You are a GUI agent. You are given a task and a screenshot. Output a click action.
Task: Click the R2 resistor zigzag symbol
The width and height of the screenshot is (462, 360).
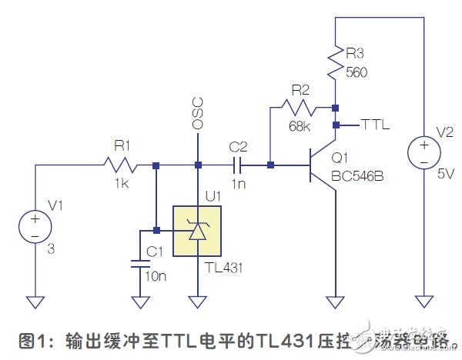pos(297,107)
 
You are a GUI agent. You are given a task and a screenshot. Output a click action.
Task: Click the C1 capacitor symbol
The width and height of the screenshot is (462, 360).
pos(139,263)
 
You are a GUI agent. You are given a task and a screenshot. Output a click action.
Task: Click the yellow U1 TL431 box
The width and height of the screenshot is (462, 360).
pos(197,230)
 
